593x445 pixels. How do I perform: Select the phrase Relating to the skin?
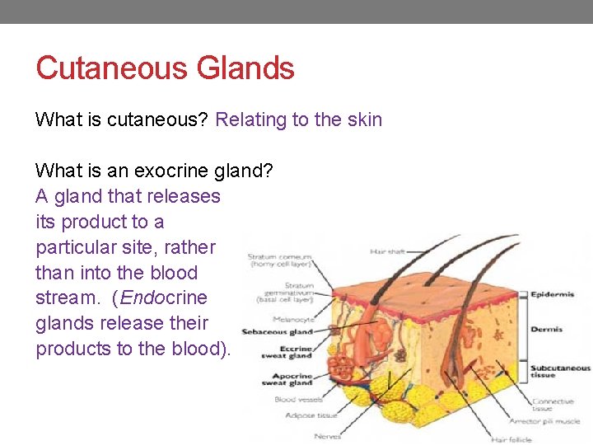[298, 119]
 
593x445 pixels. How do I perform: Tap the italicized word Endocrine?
[164, 297]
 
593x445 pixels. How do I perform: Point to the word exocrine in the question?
[173, 171]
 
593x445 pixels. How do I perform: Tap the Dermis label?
[546, 329]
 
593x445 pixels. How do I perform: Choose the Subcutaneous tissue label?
[560, 372]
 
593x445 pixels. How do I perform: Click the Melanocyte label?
[293, 319]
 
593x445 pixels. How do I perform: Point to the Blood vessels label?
[296, 399]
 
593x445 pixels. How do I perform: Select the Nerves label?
[327, 436]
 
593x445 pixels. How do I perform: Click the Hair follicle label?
[511, 440]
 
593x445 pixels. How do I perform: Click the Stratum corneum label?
[280, 260]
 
